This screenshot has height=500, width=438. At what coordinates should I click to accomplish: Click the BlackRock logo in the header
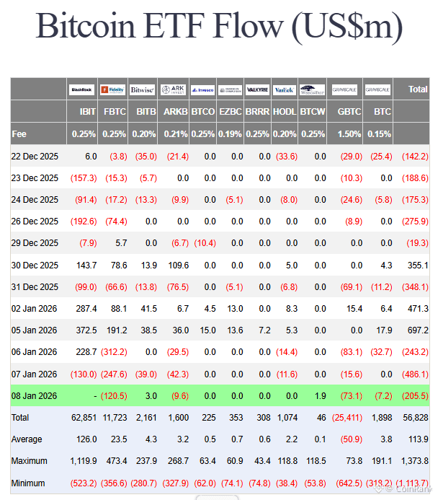pos(82,90)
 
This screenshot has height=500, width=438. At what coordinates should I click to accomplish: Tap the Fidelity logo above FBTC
pos(113,90)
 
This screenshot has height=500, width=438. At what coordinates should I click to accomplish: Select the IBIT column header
pos(87,113)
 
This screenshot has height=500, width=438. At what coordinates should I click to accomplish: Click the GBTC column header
pos(349,113)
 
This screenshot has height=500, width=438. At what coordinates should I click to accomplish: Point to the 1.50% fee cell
pos(349,134)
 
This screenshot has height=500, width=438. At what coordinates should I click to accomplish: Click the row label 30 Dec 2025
pos(35,266)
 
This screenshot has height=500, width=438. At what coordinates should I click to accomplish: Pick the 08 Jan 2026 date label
pos(35,395)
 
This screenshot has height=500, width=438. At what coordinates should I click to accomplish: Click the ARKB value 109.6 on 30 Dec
pos(176,266)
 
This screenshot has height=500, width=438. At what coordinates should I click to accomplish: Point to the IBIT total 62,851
pos(83,418)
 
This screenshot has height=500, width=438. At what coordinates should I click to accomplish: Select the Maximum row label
pos(29,461)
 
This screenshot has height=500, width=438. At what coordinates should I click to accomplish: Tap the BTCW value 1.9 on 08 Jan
pos(310,395)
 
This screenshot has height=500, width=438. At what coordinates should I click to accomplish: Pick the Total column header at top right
pos(418,89)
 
